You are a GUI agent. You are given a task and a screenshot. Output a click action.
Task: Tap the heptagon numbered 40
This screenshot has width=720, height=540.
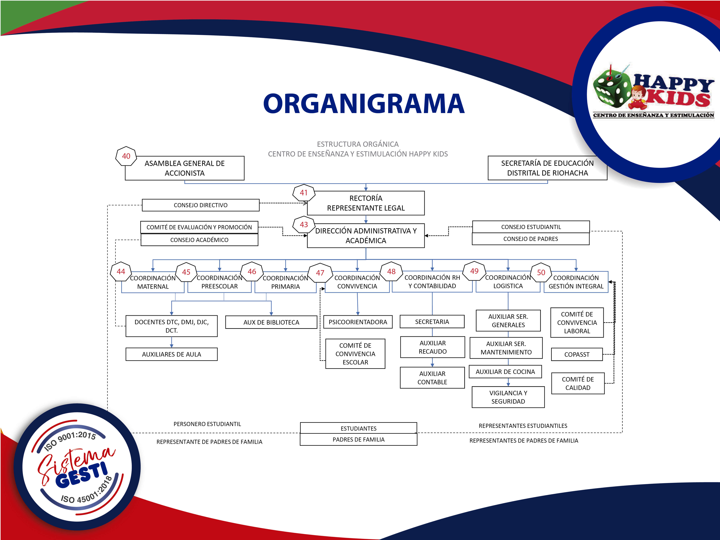[126, 156]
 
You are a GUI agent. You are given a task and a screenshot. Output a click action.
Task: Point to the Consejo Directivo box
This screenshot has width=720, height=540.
[201, 205]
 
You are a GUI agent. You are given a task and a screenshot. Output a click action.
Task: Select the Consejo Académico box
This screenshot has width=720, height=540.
[199, 240]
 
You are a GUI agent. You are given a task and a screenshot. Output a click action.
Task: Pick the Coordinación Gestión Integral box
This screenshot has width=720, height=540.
[576, 282]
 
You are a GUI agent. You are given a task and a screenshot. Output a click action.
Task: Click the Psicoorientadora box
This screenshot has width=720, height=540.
[358, 322]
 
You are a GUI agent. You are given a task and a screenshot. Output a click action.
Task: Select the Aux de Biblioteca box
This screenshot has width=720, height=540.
[271, 322]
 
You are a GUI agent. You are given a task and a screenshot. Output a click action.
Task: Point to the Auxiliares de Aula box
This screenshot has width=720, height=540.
[172, 354]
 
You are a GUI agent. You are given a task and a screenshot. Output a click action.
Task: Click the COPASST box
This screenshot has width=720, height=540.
[577, 354]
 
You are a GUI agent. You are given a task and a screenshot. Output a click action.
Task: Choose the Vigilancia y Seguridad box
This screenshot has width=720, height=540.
[508, 397]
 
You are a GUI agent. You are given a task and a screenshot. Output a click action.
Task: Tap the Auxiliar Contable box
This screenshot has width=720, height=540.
[432, 378]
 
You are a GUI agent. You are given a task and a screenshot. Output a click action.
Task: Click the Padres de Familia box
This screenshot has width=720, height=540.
[358, 439]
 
